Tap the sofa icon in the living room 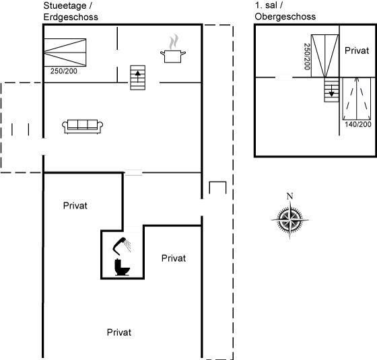pos(82,127)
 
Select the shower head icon pos(122,246)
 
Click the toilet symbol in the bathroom pos(122,267)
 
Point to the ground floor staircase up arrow pos(138,77)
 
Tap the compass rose pos(290,219)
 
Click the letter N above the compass pos(290,196)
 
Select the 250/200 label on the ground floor pos(64,71)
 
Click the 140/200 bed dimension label pos(358,124)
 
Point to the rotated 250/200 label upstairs pos(307,57)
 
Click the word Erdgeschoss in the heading pos(71,17)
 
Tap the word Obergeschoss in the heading pos(285,17)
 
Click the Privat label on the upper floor pos(357,50)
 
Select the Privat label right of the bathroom pos(174,258)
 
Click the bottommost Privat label pos(119,332)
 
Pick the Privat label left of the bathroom pos(75,205)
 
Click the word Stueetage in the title pos(65,6)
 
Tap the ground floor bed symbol pos(65,52)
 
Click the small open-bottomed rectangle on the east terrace pos(217,188)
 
